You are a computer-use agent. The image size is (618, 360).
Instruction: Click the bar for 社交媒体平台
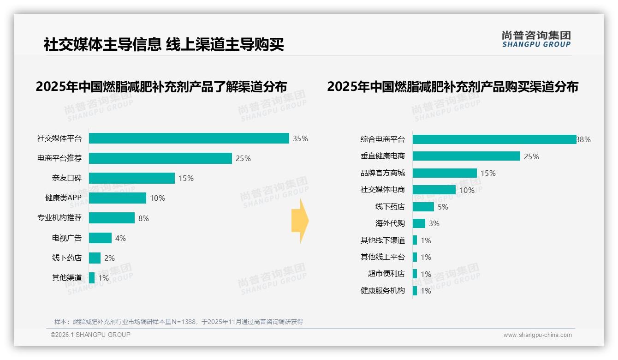point(189,138)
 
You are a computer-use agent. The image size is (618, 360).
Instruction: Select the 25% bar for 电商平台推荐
point(160,158)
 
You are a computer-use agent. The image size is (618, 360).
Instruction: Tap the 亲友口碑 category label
point(67,178)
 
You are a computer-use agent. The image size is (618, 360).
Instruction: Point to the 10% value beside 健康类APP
point(157,198)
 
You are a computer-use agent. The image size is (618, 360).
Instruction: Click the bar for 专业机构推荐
point(112,218)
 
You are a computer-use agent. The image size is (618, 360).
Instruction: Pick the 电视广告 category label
point(67,238)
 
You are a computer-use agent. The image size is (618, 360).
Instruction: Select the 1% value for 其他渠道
point(104,278)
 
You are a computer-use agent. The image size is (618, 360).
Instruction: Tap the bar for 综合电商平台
point(494,139)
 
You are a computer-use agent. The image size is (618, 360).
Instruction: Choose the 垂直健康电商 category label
point(383,156)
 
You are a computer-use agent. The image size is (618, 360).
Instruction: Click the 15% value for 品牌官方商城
point(488,173)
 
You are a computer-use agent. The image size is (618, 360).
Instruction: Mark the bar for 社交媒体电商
point(434,190)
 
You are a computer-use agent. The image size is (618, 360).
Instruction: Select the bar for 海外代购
point(419,223)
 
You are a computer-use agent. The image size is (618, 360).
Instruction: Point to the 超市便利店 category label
point(386,274)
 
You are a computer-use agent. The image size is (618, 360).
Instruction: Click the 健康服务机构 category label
point(383,291)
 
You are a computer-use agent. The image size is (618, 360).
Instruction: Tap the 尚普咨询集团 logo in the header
point(536,39)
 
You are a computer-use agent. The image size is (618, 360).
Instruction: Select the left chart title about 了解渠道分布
point(161,87)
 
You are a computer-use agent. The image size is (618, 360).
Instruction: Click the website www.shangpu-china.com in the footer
point(537,335)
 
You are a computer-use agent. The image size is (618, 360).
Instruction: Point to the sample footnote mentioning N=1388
point(178,322)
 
